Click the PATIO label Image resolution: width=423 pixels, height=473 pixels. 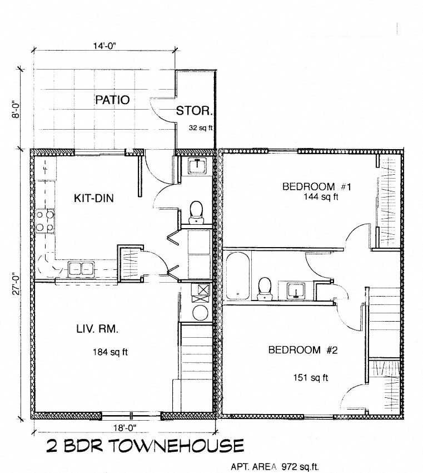[x=112, y=100]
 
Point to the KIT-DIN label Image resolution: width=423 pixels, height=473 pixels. [x=94, y=198]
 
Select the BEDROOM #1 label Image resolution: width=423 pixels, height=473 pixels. [x=316, y=186]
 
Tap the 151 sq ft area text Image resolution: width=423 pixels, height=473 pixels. [x=310, y=378]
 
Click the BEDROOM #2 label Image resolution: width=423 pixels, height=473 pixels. [x=303, y=350]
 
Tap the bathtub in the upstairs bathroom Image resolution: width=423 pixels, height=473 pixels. [x=237, y=277]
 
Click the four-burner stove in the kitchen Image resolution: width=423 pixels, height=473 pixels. [x=45, y=220]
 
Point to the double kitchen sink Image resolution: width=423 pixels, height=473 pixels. [x=81, y=270]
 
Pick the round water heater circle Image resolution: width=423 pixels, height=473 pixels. [x=200, y=312]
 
